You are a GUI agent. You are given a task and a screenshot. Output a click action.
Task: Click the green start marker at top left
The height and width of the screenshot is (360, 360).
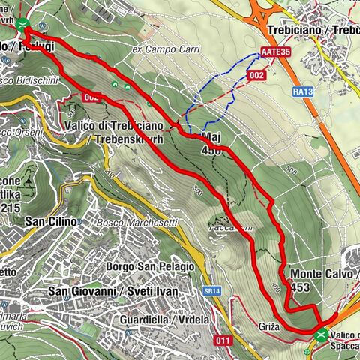pos(22,25)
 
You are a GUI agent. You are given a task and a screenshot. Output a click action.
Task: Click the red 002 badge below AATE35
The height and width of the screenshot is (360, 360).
pos(256,75)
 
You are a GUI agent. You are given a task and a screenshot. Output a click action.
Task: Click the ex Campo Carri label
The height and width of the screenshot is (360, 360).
pos(160,49)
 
